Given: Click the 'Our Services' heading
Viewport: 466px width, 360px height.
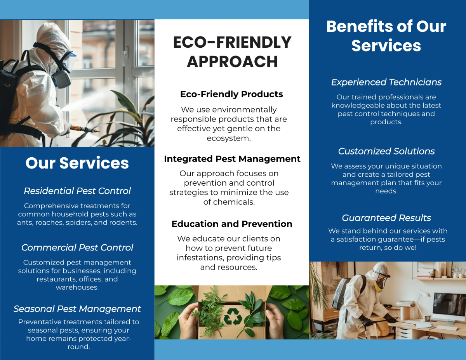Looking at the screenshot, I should pyautogui.click(x=77, y=163).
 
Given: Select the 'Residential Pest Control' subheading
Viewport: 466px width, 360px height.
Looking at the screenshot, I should pyautogui.click(x=77, y=191).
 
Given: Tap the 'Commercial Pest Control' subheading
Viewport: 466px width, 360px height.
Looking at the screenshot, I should pyautogui.click(x=77, y=248).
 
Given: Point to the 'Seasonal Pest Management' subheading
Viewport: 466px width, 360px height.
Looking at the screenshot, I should pyautogui.click(x=77, y=309).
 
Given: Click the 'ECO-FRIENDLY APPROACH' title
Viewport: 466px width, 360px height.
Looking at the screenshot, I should pyautogui.click(x=232, y=52).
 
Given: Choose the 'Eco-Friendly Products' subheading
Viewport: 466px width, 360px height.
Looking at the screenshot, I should pyautogui.click(x=231, y=94).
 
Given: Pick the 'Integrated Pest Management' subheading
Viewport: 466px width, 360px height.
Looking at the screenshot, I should pyautogui.click(x=232, y=159).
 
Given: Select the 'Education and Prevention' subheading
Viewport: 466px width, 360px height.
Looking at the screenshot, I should pyautogui.click(x=232, y=224).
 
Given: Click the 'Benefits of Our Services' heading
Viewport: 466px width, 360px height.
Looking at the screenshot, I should pyautogui.click(x=386, y=36).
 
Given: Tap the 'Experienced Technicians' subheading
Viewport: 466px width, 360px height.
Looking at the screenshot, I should pyautogui.click(x=386, y=82).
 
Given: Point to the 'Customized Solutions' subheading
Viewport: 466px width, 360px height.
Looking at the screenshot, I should pyautogui.click(x=386, y=151).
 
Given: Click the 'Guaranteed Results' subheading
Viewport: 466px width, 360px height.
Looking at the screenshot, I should pyautogui.click(x=386, y=218).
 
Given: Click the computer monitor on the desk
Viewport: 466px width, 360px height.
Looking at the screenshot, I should pyautogui.click(x=449, y=306).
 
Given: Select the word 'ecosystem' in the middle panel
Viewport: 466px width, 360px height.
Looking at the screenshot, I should pyautogui.click(x=229, y=138).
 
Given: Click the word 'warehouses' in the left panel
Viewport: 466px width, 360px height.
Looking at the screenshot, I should pyautogui.click(x=77, y=287).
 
